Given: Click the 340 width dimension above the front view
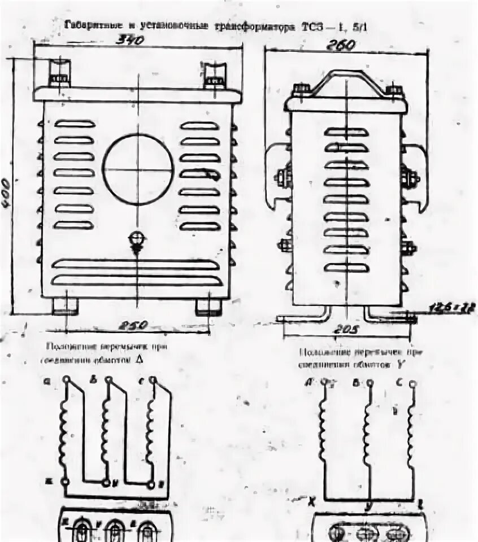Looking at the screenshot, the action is pos(131,40).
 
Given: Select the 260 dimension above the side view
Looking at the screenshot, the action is pos(341,45).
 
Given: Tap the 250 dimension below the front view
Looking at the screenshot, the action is pos(133,325).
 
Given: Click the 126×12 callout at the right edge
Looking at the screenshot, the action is pos(458,308).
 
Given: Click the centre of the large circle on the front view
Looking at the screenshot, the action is pos(138,169).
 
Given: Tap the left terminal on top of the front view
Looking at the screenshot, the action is pos(58,73).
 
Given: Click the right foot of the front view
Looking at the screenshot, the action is pos(208,306).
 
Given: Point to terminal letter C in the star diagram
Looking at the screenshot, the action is pos(399,382).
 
